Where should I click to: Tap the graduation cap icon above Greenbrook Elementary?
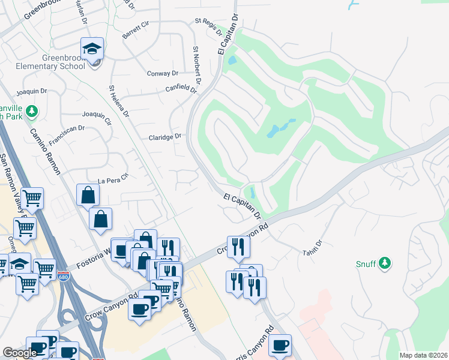[x=92, y=48]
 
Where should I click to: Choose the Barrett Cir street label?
[x=136, y=32]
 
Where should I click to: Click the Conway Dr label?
[x=163, y=73]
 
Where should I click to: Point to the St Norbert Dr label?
[x=196, y=64]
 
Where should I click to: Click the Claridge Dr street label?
[x=164, y=137]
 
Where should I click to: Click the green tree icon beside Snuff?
[x=385, y=263]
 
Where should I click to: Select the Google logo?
[x=20, y=353]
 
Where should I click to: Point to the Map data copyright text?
[x=423, y=355]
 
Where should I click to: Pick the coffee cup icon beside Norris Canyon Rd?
[x=280, y=346]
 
